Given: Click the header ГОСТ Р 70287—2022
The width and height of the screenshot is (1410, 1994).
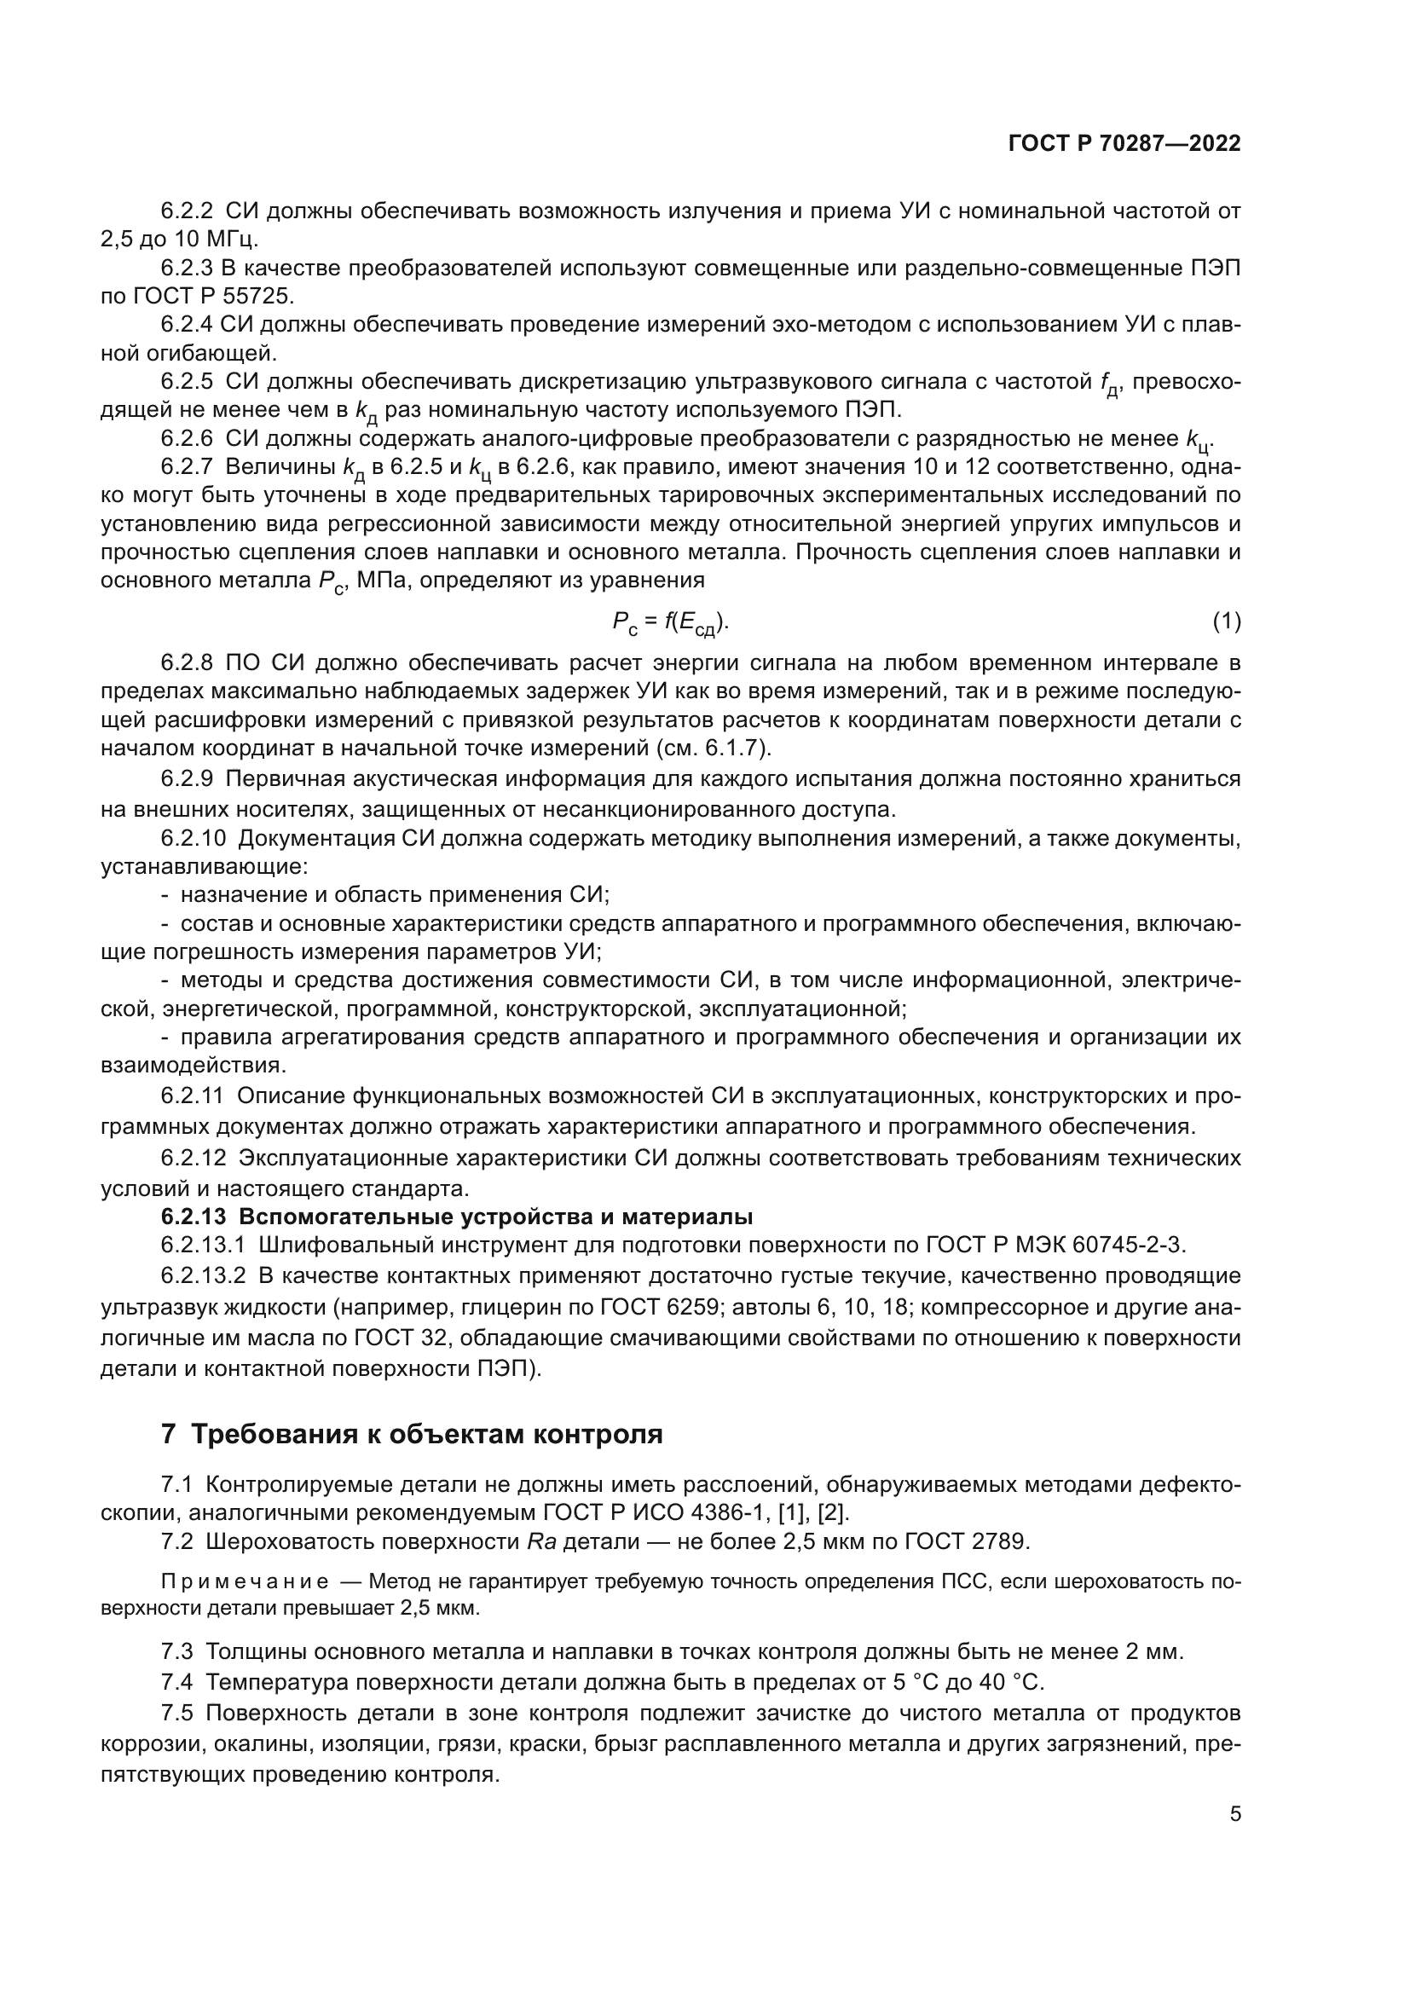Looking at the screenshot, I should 1124,143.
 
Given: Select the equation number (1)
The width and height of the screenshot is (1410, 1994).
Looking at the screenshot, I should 1226,621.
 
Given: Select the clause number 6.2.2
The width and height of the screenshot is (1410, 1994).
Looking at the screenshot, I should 187,211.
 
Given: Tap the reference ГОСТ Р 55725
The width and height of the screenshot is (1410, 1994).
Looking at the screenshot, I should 211,296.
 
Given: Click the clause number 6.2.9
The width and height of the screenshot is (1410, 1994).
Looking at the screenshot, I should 187,779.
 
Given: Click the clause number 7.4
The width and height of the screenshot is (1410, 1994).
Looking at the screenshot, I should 176,1682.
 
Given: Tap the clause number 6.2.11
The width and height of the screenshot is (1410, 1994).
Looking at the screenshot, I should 192,1096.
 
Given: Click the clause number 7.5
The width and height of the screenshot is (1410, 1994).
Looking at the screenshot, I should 176,1714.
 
